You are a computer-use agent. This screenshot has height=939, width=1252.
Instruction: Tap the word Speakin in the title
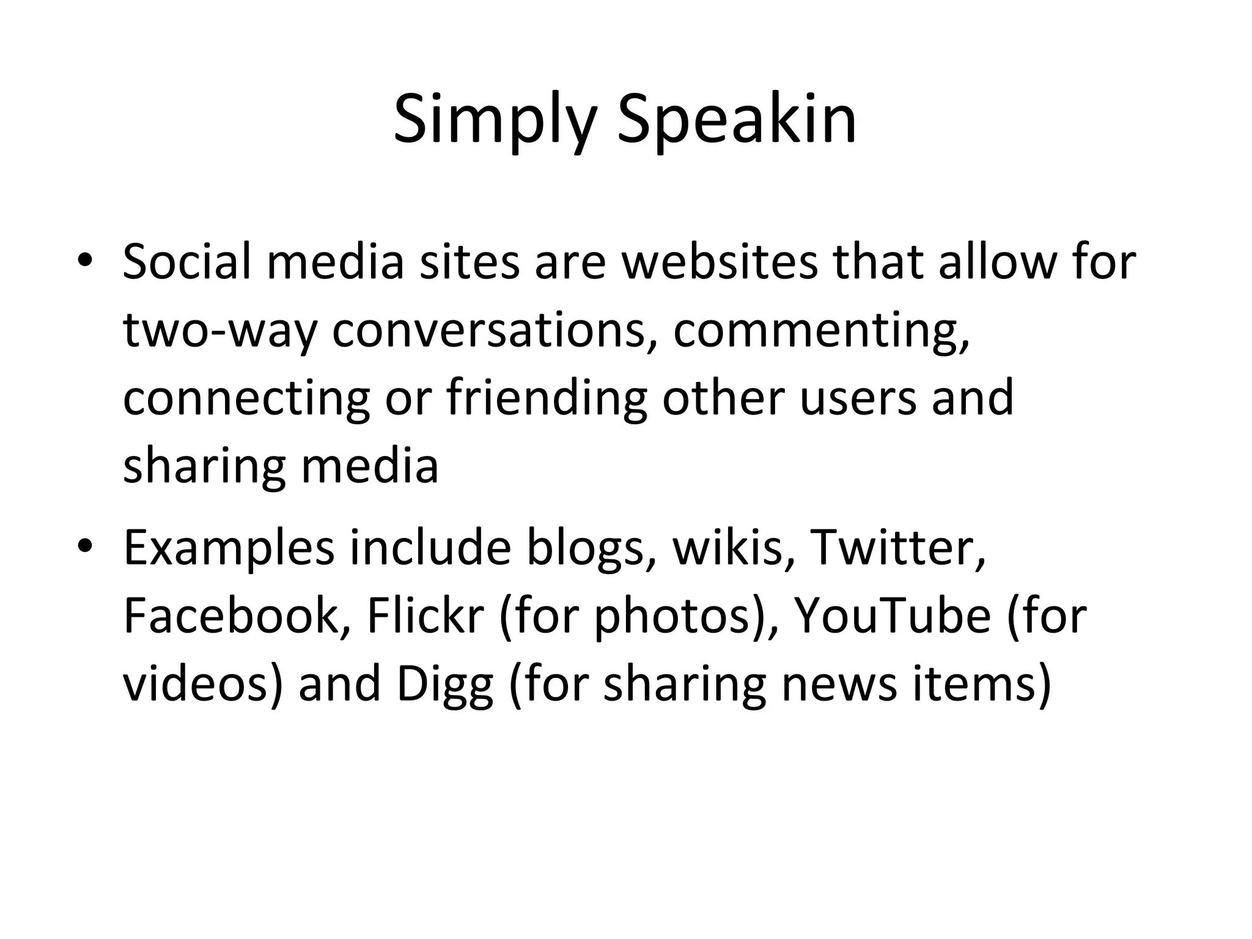(x=736, y=121)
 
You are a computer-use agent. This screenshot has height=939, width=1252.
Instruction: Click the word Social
(x=186, y=262)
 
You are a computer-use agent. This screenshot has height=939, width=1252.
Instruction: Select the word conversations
(x=489, y=330)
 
